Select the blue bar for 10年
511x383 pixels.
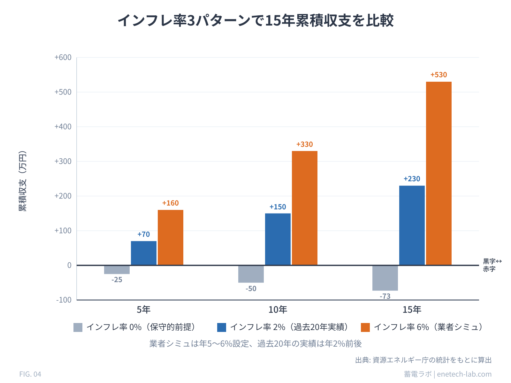(278, 239)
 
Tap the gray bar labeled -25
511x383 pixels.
(117, 270)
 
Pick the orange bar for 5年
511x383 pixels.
(170, 237)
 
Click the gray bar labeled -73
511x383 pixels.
(385, 278)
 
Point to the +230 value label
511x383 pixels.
(412, 179)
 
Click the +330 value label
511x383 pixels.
(304, 145)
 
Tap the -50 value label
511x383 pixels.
(251, 289)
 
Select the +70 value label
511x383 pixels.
(143, 235)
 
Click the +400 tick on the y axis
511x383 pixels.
(63, 127)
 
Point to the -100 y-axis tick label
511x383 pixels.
(64, 300)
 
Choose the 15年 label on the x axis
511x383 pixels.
(412, 310)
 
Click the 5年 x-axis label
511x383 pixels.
(143, 310)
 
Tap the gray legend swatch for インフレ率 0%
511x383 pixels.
(78, 327)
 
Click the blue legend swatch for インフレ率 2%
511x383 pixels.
(222, 327)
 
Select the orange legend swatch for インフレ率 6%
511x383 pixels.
(365, 327)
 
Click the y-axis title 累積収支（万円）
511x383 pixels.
(23, 181)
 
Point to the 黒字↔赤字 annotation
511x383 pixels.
(492, 265)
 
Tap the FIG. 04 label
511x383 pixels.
(30, 374)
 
